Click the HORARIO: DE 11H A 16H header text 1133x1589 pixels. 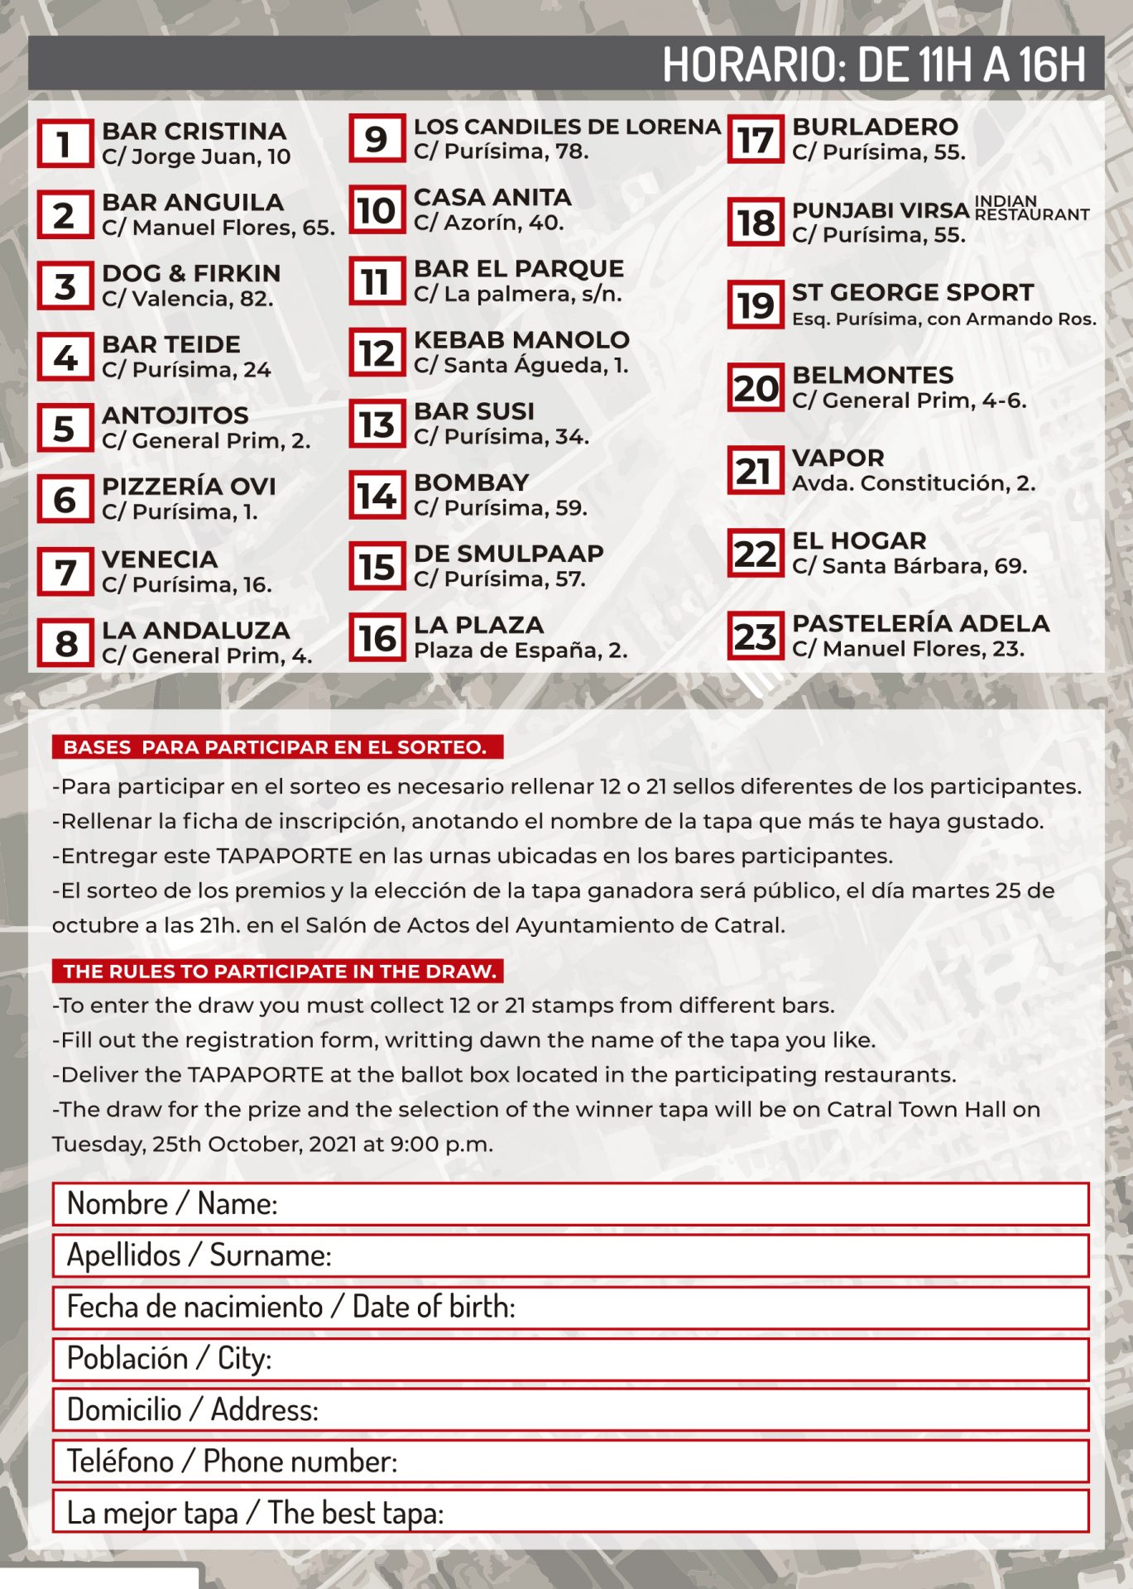tap(873, 64)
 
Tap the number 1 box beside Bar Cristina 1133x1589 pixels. tap(65, 144)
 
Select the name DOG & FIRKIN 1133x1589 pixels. tap(191, 273)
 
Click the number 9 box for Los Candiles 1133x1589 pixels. tap(377, 138)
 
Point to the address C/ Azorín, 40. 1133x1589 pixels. tap(488, 223)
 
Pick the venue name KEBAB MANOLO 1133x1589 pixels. tap(521, 339)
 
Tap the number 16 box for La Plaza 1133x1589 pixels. tap(377, 638)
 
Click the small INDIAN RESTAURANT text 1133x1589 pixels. tap(1030, 208)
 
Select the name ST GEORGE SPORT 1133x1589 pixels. tap(913, 292)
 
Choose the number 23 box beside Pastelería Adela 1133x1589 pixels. tap(755, 636)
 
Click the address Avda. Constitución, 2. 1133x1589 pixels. tap(914, 483)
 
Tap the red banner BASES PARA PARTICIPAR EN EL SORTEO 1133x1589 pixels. tap(276, 747)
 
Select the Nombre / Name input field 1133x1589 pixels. tap(570, 1204)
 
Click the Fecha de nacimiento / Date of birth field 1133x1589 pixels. tap(570, 1308)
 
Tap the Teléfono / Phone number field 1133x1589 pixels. tap(570, 1462)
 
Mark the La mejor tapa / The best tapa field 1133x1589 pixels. tap(570, 1513)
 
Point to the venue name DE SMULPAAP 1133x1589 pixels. tap(508, 554)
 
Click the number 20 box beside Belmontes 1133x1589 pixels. tap(755, 388)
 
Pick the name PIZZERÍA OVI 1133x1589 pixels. tap(189, 487)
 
